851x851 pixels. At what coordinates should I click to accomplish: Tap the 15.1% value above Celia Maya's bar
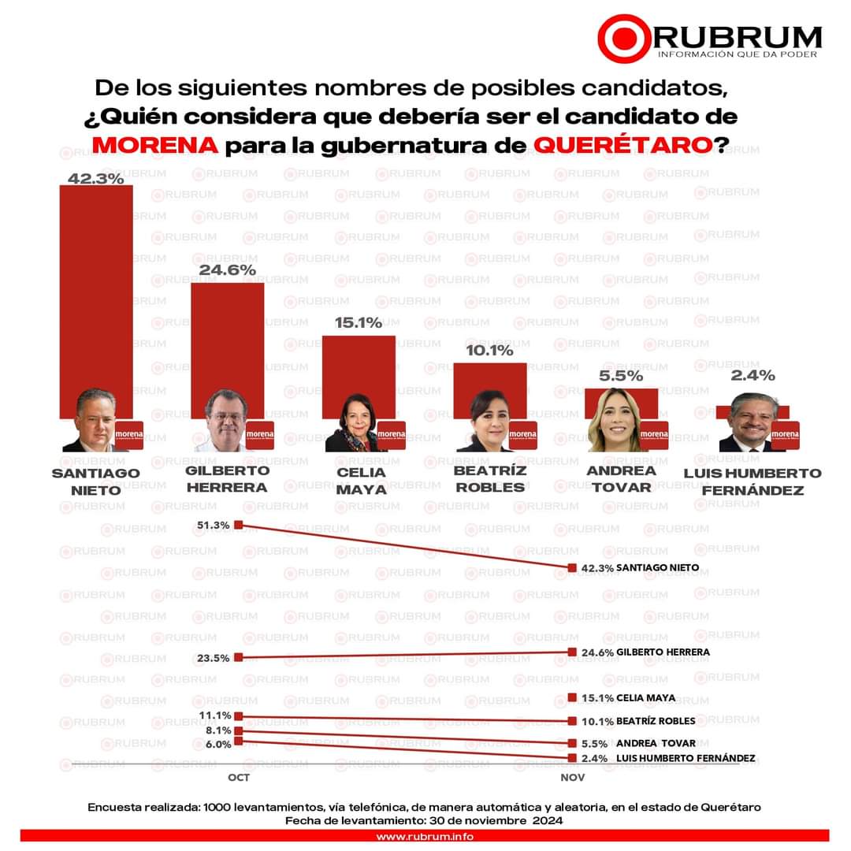358,322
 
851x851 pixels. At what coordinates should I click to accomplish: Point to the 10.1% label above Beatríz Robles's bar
489,350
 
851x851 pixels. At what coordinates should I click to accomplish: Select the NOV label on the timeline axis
572,778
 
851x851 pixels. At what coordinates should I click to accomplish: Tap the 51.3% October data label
214,525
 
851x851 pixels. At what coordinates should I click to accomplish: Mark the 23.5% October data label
214,658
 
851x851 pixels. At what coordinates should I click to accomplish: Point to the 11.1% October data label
214,715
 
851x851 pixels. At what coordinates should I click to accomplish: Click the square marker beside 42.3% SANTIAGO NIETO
573,567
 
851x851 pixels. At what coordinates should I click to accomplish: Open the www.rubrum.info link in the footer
425,836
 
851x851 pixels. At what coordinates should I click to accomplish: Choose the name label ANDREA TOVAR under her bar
621,478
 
